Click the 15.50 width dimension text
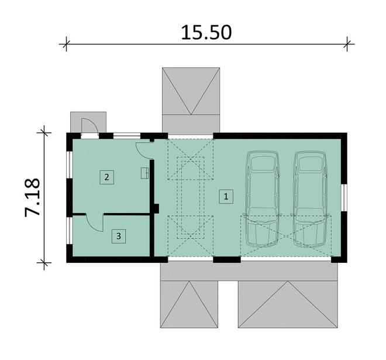point(206,33)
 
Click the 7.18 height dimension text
point(33,197)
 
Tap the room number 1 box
point(226,197)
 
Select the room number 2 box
point(106,177)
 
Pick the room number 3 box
point(119,236)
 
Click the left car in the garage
point(263,199)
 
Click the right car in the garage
point(310,199)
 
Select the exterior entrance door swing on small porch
point(90,126)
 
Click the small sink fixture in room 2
point(145,173)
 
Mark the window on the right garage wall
point(344,198)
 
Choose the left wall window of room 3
point(70,231)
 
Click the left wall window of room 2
point(70,165)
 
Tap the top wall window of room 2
point(126,136)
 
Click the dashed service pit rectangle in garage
point(191,198)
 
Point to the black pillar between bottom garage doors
point(227,259)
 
